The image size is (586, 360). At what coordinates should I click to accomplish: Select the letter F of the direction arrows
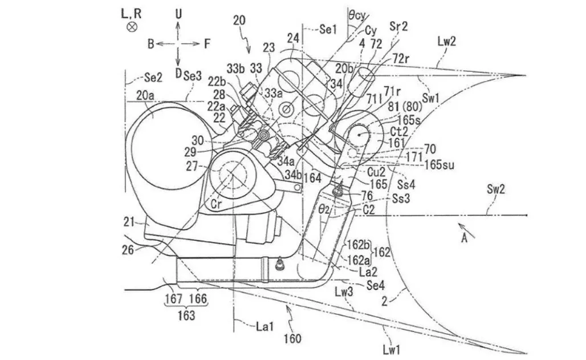coord(207,43)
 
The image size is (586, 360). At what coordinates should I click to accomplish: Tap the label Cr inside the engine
coord(216,204)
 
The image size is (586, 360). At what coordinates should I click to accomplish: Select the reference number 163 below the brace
coord(186,314)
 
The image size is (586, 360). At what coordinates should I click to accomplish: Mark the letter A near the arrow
coord(465,239)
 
